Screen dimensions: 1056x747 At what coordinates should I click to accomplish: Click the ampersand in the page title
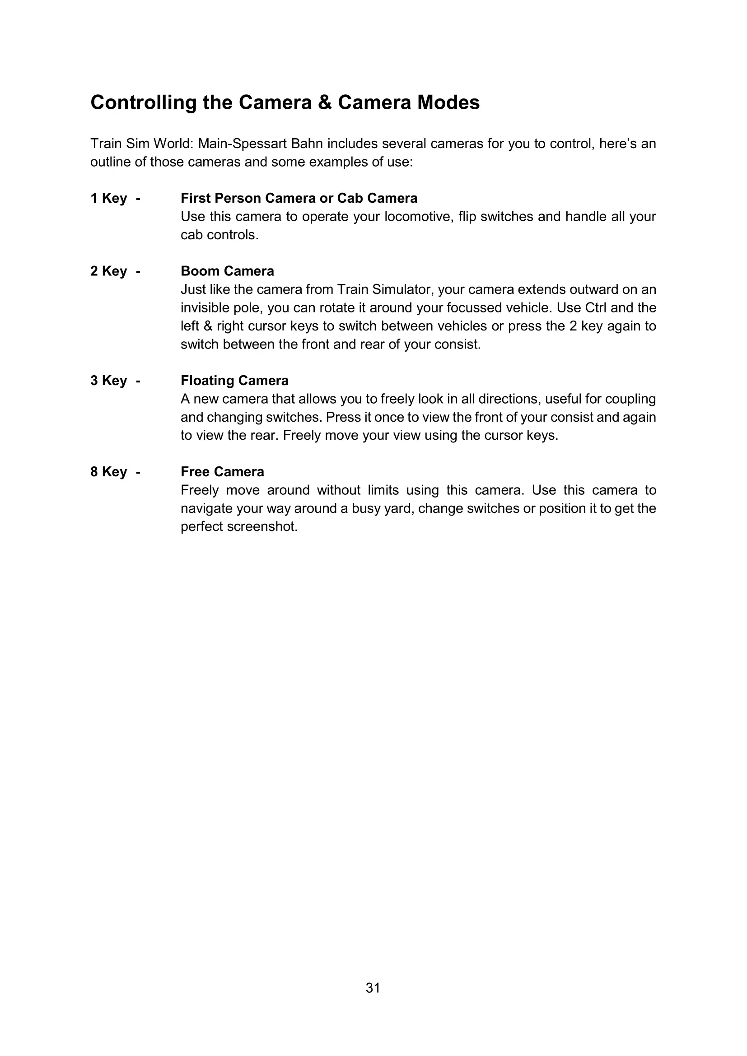tap(325, 102)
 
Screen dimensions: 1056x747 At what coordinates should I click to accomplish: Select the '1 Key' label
tap(108, 198)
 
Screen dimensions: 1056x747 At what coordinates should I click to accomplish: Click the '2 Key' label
tap(108, 271)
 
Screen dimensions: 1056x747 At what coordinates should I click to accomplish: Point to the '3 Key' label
tap(108, 381)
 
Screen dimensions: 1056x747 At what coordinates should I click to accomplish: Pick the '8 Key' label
tap(108, 472)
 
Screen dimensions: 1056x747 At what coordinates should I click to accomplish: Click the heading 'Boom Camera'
tap(227, 271)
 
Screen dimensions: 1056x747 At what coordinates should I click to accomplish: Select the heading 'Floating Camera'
tap(234, 381)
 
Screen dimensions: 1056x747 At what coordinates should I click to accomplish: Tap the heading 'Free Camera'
tap(222, 472)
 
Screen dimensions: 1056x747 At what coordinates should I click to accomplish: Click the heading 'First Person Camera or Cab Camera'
tap(299, 198)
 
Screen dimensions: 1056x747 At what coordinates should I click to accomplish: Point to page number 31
tap(373, 988)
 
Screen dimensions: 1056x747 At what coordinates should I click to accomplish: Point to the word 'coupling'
tap(630, 399)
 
